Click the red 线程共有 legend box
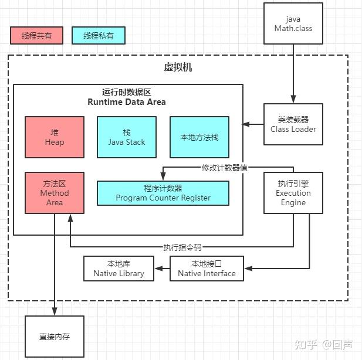coord(36,35)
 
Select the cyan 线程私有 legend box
coord(99,35)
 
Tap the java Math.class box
coord(293,23)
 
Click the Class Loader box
coord(293,124)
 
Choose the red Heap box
coord(55,137)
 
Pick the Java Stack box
coord(127,137)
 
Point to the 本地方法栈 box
coord(199,137)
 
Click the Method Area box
coord(55,193)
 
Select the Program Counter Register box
coord(163,193)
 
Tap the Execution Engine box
coord(293,193)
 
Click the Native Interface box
coord(207,269)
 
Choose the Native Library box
coord(119,269)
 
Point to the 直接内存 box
coord(55,337)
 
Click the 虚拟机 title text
coord(178,67)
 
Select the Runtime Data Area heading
coord(127,97)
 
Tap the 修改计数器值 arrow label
coord(225,168)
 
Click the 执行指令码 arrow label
coord(182,247)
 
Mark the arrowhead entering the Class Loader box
coord(293,99)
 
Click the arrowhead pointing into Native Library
coord(158,269)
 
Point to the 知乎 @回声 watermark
coord(324,345)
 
